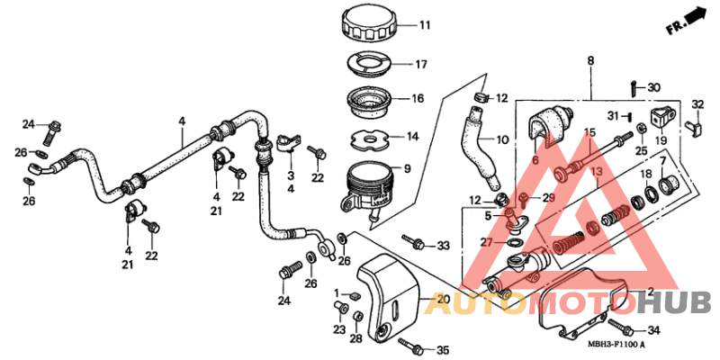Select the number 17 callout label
420,64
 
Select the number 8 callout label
590,61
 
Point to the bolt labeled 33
414,242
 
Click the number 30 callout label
654,87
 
